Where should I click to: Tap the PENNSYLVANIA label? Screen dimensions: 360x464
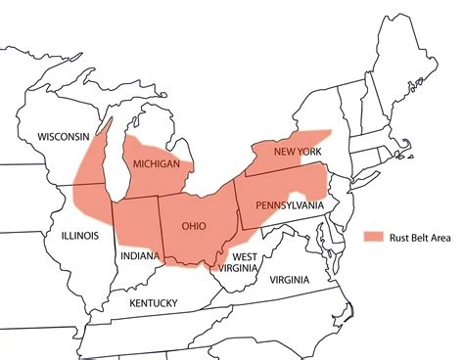tap(289, 205)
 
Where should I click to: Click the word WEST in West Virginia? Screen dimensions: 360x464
tap(245, 257)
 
